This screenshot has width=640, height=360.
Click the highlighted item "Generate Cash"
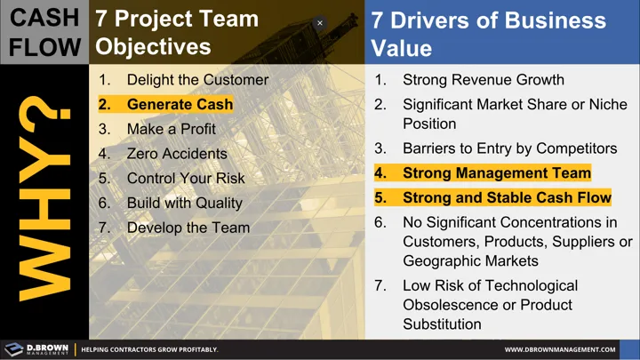[x=180, y=104]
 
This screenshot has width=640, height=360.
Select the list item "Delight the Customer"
[x=197, y=79]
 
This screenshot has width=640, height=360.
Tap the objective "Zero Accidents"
[x=177, y=154]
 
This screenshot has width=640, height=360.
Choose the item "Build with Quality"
[x=184, y=203]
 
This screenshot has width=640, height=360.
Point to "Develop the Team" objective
[x=188, y=228]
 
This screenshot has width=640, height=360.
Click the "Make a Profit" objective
[x=172, y=129]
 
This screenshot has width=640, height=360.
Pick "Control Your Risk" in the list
[x=186, y=178]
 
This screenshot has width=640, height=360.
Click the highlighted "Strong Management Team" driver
[x=496, y=173]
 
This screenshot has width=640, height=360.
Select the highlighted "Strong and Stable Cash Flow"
[x=507, y=197]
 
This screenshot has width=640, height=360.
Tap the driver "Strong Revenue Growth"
[x=483, y=79]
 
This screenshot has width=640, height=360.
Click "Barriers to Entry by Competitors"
[x=509, y=148]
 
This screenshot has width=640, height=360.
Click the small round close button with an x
[x=320, y=23]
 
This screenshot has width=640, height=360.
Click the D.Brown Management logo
[x=36, y=349]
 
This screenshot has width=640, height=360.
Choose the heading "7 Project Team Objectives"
[x=178, y=32]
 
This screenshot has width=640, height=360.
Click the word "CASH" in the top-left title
[x=44, y=17]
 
